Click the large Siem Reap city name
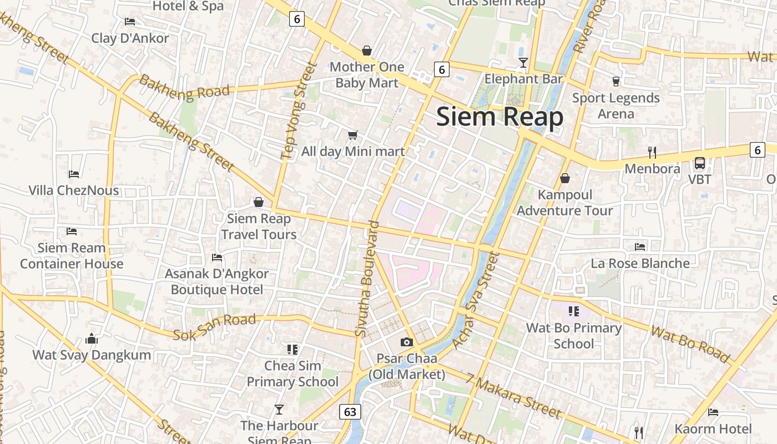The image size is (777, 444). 500,117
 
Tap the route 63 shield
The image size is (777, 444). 350,412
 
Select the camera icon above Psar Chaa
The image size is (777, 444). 407,342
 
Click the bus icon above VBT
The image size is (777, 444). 700,163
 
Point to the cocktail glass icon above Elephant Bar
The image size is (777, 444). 523,62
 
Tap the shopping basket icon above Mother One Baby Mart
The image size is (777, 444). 366,51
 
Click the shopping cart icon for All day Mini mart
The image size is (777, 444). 352,135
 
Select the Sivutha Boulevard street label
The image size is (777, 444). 367,279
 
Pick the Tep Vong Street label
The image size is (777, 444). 299,111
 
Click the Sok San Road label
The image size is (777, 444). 214,327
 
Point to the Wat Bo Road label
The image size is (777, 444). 690,344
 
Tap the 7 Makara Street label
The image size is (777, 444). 513,396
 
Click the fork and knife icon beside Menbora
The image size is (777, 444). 652,152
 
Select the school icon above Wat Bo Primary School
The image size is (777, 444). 573,311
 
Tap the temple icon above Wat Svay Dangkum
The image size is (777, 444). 92,339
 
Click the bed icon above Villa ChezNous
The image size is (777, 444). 74,174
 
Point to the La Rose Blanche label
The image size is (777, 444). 640,263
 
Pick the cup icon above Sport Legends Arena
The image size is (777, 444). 615,82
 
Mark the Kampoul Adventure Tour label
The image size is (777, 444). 565,203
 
